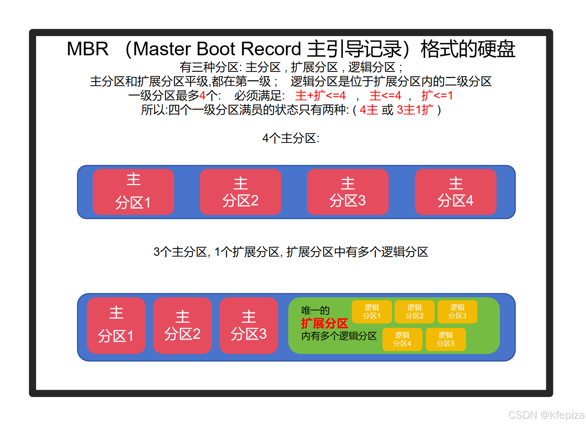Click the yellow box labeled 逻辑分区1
372,312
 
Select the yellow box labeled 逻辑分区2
414,312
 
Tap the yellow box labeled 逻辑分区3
457,312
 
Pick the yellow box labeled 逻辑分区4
402,339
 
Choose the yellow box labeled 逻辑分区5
446,339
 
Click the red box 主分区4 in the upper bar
456,192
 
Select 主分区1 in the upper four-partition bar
133,192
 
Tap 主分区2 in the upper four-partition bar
241,192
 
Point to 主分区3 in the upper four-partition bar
348,192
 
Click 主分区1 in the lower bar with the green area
116,325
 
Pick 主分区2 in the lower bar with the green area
183,325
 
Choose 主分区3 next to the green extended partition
249,325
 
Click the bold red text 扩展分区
325,323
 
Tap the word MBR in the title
88,49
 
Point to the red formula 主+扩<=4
320,96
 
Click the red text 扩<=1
437,96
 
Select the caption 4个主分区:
291,138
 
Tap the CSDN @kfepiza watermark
546,415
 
